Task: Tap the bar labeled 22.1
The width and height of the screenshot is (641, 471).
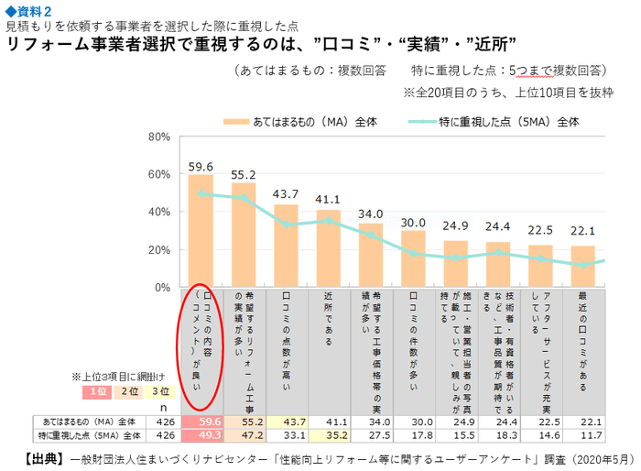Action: (582, 267)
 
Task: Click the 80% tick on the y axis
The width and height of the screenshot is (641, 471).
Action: (158, 137)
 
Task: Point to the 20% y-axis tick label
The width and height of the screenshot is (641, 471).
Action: (158, 249)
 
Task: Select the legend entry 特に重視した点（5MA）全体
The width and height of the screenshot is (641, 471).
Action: (494, 120)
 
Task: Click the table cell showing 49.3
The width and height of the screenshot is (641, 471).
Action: (200, 435)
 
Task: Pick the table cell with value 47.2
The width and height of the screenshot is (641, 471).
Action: (243, 435)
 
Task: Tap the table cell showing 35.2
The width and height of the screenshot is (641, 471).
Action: (328, 435)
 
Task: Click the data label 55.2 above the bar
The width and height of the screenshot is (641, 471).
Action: (243, 174)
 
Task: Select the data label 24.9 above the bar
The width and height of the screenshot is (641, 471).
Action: (456, 225)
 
